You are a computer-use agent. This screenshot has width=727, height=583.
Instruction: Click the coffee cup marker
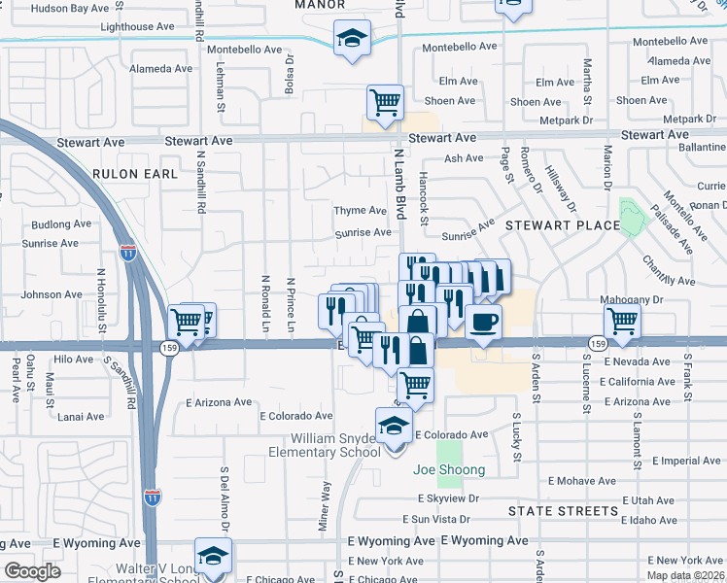(483, 323)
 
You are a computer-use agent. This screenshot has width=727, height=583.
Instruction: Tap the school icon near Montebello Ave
(351, 40)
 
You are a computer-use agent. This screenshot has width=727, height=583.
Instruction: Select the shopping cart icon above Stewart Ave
(385, 103)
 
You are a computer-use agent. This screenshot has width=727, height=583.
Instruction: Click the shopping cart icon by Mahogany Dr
(622, 321)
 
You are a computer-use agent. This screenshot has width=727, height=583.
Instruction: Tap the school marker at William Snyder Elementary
(394, 427)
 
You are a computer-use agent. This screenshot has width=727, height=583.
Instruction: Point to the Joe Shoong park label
(449, 470)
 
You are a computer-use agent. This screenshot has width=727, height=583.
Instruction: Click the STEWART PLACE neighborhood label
(561, 225)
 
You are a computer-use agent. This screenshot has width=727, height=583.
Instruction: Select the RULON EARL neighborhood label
(135, 174)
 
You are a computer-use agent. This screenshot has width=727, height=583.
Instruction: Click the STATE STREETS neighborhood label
(563, 510)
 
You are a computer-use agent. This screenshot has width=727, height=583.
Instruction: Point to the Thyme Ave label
(361, 210)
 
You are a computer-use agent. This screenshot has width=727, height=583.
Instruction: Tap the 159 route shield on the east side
(598, 344)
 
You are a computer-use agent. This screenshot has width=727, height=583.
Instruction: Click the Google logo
(32, 571)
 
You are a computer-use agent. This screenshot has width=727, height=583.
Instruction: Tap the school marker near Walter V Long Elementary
(213, 557)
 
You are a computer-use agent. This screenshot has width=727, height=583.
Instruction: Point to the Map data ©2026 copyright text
(686, 575)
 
